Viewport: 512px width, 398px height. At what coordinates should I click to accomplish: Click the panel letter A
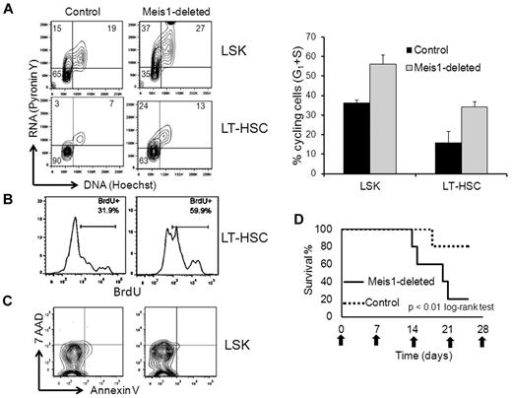point(10,8)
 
